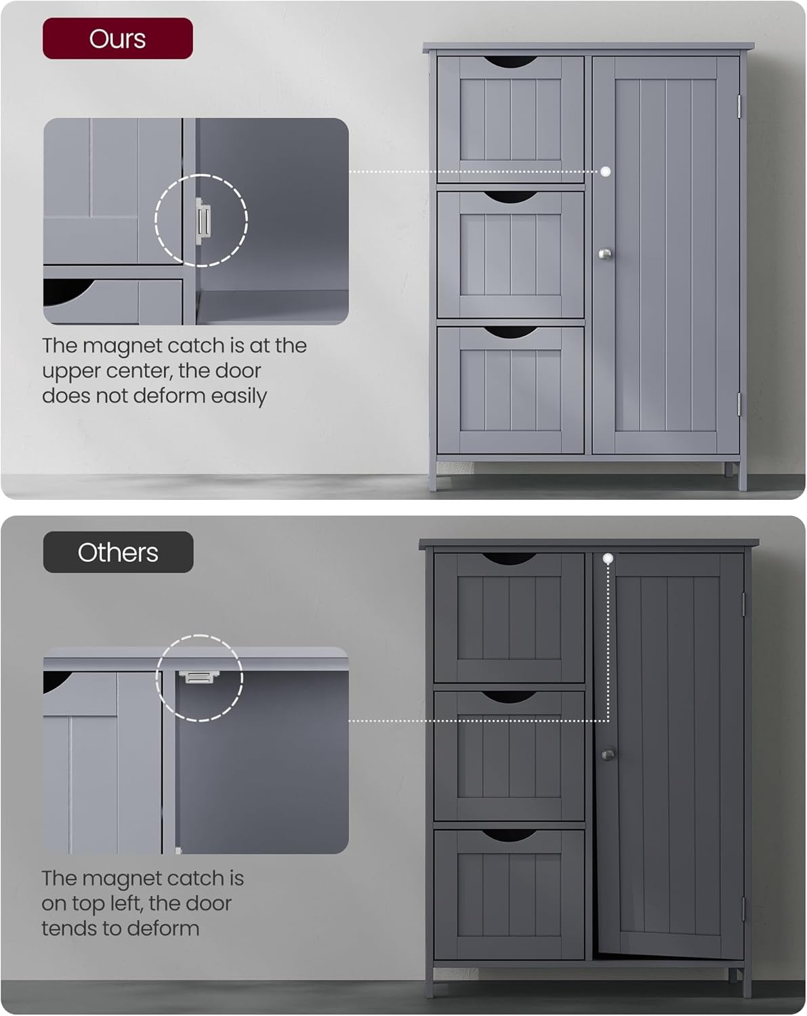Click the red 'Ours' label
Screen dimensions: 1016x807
tap(117, 39)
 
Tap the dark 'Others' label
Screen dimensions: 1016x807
tap(118, 552)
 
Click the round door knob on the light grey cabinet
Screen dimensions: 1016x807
tap(605, 254)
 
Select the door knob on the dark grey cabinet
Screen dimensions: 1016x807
tap(608, 754)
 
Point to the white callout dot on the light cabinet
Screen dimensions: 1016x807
tap(605, 171)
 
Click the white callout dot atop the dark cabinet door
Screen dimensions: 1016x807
tap(608, 558)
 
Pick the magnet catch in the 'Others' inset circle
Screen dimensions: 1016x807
tap(198, 676)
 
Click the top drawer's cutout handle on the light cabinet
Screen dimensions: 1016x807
tap(510, 62)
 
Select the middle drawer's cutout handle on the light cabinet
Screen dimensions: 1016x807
tap(510, 197)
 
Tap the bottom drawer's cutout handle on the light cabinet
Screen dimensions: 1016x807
tap(510, 333)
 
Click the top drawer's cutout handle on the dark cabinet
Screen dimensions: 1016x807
tap(509, 559)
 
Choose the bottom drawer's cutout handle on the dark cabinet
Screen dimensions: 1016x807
tap(509, 835)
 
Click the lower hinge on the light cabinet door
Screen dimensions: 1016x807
tap(739, 404)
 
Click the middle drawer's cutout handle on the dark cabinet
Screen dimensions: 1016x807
tap(509, 697)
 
